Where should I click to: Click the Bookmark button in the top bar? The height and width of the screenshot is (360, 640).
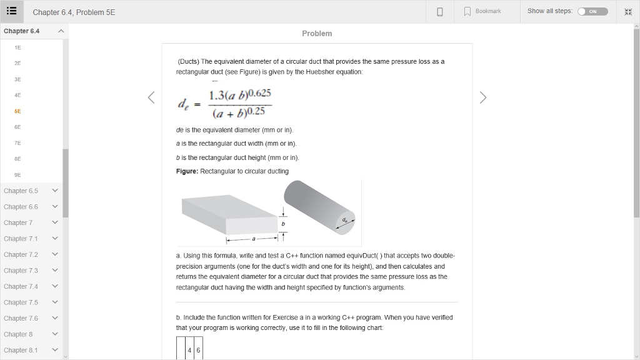point(482,11)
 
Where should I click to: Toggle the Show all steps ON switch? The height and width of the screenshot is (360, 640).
point(592,11)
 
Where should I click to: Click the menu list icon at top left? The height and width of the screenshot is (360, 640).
point(12,11)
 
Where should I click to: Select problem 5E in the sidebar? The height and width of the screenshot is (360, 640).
point(18,111)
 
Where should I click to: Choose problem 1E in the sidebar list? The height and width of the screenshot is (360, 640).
point(18,47)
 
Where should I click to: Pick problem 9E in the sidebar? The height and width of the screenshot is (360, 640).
point(18,175)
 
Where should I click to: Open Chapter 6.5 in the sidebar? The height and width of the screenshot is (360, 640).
point(21,191)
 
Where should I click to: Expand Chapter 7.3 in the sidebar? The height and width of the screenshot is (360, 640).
point(21,271)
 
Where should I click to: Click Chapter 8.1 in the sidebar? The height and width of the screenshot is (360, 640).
point(21,350)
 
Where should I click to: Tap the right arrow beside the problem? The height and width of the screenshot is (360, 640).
point(482,97)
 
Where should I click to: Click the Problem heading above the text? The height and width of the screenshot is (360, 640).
point(317,34)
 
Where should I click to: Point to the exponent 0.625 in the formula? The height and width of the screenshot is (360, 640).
point(260,94)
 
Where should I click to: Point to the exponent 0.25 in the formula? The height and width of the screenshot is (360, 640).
point(256,111)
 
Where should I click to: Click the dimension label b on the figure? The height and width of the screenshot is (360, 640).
point(283,223)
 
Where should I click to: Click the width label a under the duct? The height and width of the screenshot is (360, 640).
point(253,238)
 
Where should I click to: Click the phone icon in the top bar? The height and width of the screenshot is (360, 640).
point(440,11)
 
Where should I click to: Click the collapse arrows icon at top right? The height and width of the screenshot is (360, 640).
point(628,11)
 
